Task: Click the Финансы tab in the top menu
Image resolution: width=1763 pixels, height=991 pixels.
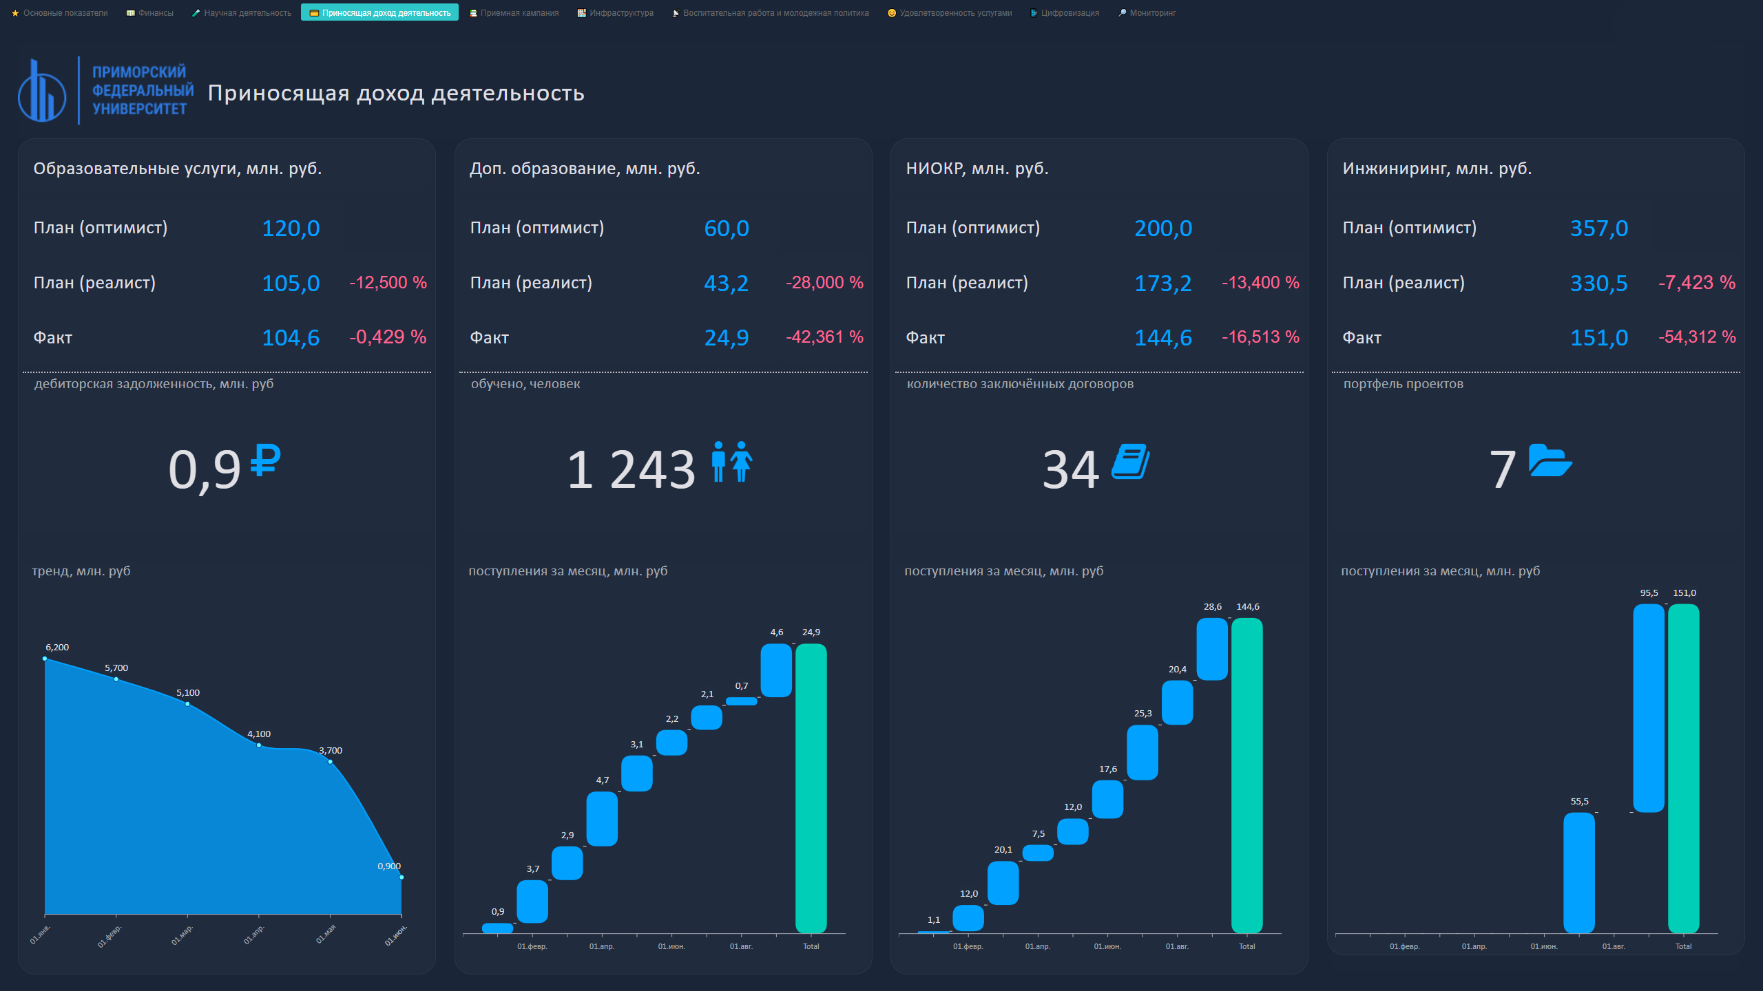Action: click(150, 13)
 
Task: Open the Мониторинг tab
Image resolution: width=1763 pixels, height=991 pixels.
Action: click(1147, 13)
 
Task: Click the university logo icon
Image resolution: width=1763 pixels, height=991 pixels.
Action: click(42, 92)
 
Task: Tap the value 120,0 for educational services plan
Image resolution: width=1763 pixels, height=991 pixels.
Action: click(291, 228)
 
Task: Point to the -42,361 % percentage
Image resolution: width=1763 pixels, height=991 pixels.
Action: click(824, 337)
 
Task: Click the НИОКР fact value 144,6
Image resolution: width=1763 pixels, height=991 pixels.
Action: click(1162, 338)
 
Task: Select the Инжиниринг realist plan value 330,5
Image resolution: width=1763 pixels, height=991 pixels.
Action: click(1598, 284)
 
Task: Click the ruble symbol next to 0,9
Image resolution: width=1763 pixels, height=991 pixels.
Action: click(265, 460)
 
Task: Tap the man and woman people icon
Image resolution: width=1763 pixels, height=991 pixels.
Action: click(732, 461)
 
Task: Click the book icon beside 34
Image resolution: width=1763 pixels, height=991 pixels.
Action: click(1130, 461)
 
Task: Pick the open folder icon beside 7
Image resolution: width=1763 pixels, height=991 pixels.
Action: click(1550, 460)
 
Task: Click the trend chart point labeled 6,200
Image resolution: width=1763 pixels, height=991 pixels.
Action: click(45, 659)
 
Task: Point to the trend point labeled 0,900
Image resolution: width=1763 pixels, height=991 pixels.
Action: click(401, 877)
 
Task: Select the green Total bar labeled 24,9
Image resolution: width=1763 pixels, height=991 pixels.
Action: click(811, 788)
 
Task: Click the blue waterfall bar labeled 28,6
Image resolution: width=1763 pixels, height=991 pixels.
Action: click(1212, 649)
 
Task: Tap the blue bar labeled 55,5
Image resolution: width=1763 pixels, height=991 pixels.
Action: click(1579, 873)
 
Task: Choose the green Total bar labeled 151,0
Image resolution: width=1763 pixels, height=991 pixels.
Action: click(1683, 768)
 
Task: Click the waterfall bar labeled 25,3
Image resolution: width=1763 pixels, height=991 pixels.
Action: click(1143, 752)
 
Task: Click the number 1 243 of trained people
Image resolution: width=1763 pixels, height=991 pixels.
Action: click(631, 469)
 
